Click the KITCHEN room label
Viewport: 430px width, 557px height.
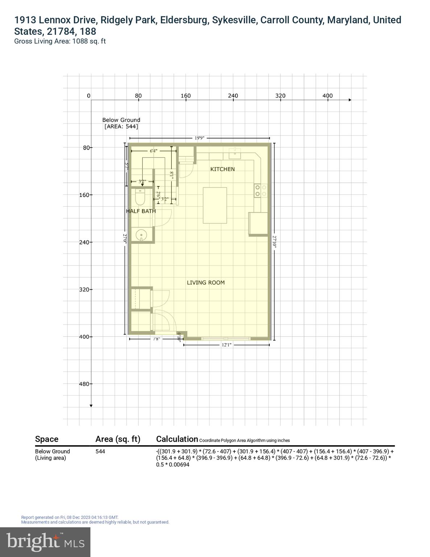pos(222,169)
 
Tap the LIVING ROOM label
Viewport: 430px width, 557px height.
pos(205,282)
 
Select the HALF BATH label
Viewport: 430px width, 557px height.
pos(141,211)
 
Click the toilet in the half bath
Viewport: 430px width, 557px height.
pos(140,197)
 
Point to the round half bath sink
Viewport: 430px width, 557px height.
pos(141,235)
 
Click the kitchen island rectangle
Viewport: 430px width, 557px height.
pos(215,205)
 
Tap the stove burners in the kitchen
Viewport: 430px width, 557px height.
pos(260,191)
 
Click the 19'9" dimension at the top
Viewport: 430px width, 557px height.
pos(200,138)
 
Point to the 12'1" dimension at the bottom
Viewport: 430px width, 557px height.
pos(226,345)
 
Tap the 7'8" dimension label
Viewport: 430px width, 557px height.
pos(156,339)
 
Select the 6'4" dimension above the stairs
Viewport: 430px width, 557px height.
pos(154,151)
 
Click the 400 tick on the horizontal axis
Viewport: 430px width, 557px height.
pos(327,96)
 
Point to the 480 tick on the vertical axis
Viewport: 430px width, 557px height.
pos(84,384)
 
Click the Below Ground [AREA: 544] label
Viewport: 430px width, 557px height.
pos(121,123)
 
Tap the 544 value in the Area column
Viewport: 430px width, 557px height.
pos(100,451)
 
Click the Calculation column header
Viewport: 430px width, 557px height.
pos(177,439)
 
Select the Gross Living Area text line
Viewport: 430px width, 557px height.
pos(60,41)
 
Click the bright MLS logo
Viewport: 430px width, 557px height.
pos(45,542)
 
